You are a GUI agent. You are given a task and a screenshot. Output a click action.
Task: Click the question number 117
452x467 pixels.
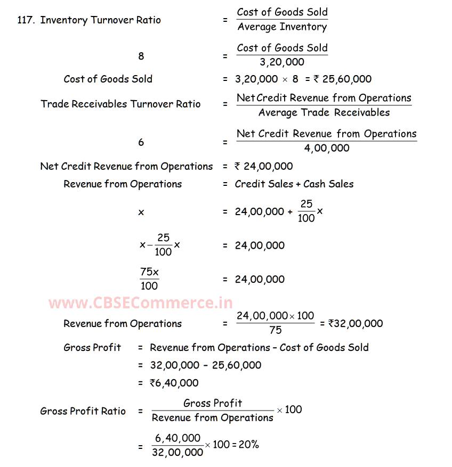pyautogui.click(x=26, y=20)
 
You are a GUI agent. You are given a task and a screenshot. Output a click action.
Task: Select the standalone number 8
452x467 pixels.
pyautogui.click(x=141, y=56)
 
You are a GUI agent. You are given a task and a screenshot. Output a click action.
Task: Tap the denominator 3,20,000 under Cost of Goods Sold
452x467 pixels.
pyautogui.click(x=282, y=62)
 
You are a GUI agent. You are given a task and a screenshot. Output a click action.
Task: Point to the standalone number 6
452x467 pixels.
pyautogui.click(x=141, y=142)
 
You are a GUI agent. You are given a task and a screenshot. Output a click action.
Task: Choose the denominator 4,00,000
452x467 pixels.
pyautogui.click(x=326, y=148)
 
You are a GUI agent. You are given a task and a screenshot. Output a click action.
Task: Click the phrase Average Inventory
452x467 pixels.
pyautogui.click(x=282, y=27)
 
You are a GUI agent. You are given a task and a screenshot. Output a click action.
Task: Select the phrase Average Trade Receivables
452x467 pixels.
pyautogui.click(x=324, y=112)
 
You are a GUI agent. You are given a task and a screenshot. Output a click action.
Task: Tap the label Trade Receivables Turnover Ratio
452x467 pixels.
pyautogui.click(x=120, y=104)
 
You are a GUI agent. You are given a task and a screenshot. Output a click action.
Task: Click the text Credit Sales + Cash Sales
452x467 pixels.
pyautogui.click(x=294, y=184)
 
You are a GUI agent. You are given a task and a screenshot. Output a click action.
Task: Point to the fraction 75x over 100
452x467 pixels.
pyautogui.click(x=149, y=278)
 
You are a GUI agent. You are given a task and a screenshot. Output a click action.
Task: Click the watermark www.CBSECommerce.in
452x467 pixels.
pyautogui.click(x=141, y=304)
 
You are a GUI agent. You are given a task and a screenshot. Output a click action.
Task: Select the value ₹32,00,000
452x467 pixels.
pyautogui.click(x=356, y=323)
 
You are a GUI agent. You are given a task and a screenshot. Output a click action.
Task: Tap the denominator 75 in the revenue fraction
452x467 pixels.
pyautogui.click(x=275, y=330)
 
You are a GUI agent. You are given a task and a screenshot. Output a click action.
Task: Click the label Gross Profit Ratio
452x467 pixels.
pyautogui.click(x=83, y=411)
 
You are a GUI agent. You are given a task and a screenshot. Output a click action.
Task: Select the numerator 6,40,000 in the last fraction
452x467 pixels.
pyautogui.click(x=177, y=438)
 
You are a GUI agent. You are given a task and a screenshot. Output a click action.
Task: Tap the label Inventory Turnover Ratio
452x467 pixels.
pyautogui.click(x=100, y=20)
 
